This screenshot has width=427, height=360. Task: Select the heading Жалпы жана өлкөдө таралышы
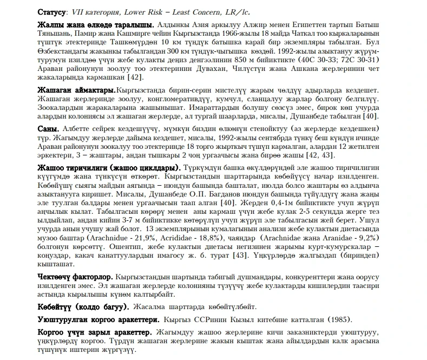pyautogui.click(x=96, y=25)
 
